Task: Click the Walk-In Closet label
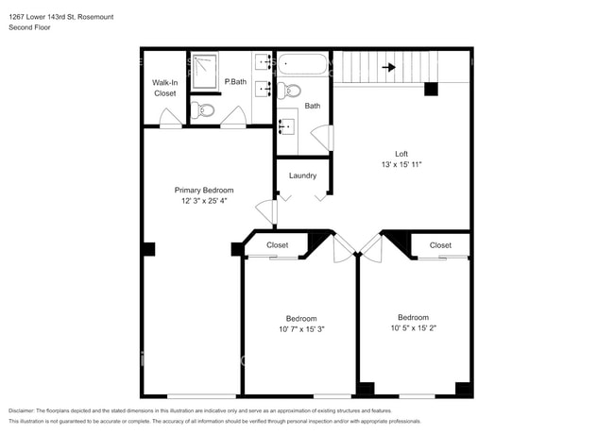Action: [164, 88]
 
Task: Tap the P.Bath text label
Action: [235, 82]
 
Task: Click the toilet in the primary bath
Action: [204, 110]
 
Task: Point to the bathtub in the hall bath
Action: [302, 65]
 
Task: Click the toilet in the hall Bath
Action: [290, 91]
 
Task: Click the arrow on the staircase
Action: [387, 67]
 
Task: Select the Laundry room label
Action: [302, 175]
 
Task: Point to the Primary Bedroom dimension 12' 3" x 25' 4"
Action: [204, 201]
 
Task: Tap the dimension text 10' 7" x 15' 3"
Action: [301, 329]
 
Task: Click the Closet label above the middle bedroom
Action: [277, 244]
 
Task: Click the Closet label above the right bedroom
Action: [440, 244]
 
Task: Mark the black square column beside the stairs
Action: [431, 90]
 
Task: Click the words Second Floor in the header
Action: [29, 27]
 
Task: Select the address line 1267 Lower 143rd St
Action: [62, 15]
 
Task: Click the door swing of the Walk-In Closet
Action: [169, 118]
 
